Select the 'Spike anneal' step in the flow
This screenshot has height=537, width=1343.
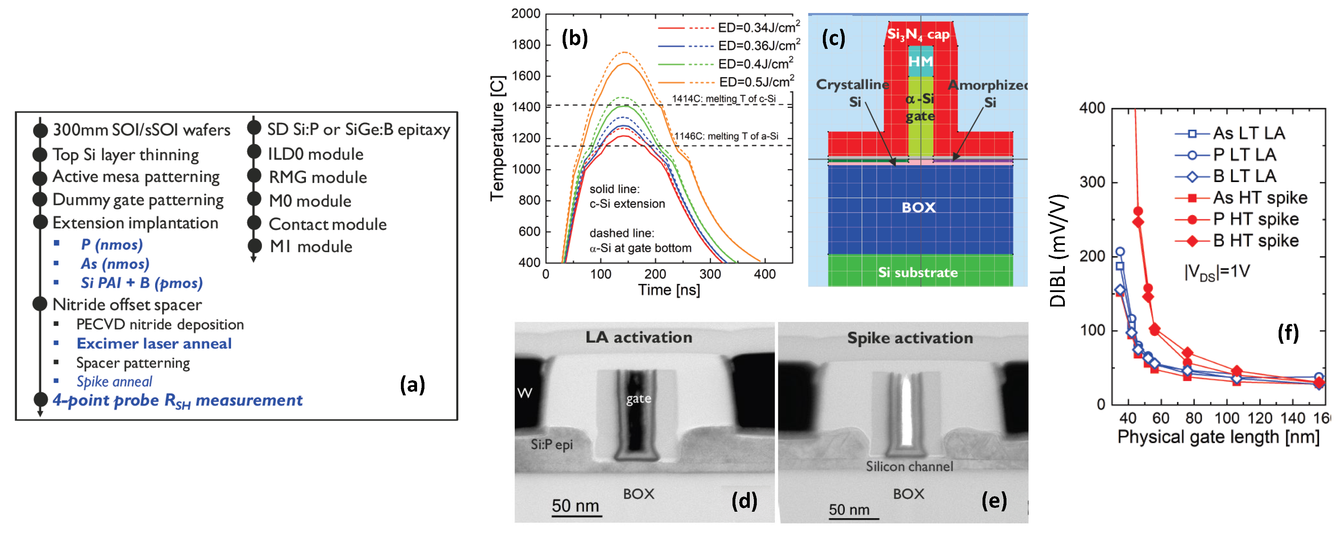(114, 382)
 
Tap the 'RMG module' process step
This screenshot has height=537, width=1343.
(318, 177)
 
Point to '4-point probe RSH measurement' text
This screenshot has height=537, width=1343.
(177, 401)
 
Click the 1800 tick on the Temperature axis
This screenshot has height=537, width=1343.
(525, 45)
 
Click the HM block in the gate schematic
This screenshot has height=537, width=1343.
(920, 62)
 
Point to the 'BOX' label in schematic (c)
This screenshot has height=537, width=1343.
(919, 207)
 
